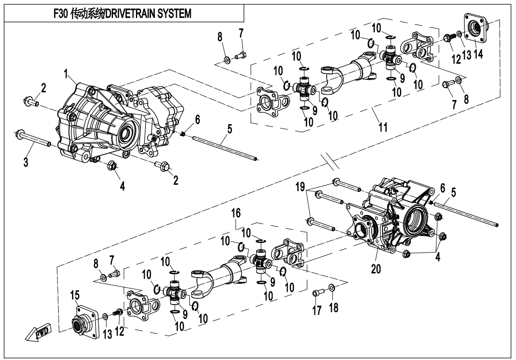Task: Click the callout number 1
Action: point(67,73)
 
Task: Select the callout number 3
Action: point(26,162)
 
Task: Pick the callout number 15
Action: point(75,296)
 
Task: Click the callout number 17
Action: point(317,311)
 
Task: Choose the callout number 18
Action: point(334,308)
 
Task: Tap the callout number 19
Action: point(300,186)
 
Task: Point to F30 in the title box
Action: point(61,13)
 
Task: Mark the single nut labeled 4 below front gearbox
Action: point(113,165)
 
